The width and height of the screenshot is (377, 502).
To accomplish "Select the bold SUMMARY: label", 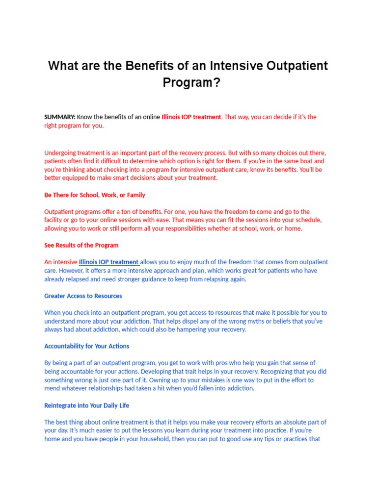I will [59, 117].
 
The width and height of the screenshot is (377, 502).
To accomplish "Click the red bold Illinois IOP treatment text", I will [191, 117].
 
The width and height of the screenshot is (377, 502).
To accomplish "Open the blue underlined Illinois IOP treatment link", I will [108, 262].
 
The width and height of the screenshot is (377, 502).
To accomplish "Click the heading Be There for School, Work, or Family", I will [95, 195].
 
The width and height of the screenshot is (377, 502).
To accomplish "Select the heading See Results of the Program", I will [81, 245].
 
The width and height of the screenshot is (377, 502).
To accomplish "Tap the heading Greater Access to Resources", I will [83, 296].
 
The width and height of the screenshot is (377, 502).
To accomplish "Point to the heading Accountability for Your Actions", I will [87, 346].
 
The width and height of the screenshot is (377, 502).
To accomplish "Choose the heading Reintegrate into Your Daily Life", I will [87, 406].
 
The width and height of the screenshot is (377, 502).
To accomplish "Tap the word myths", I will [251, 321].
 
